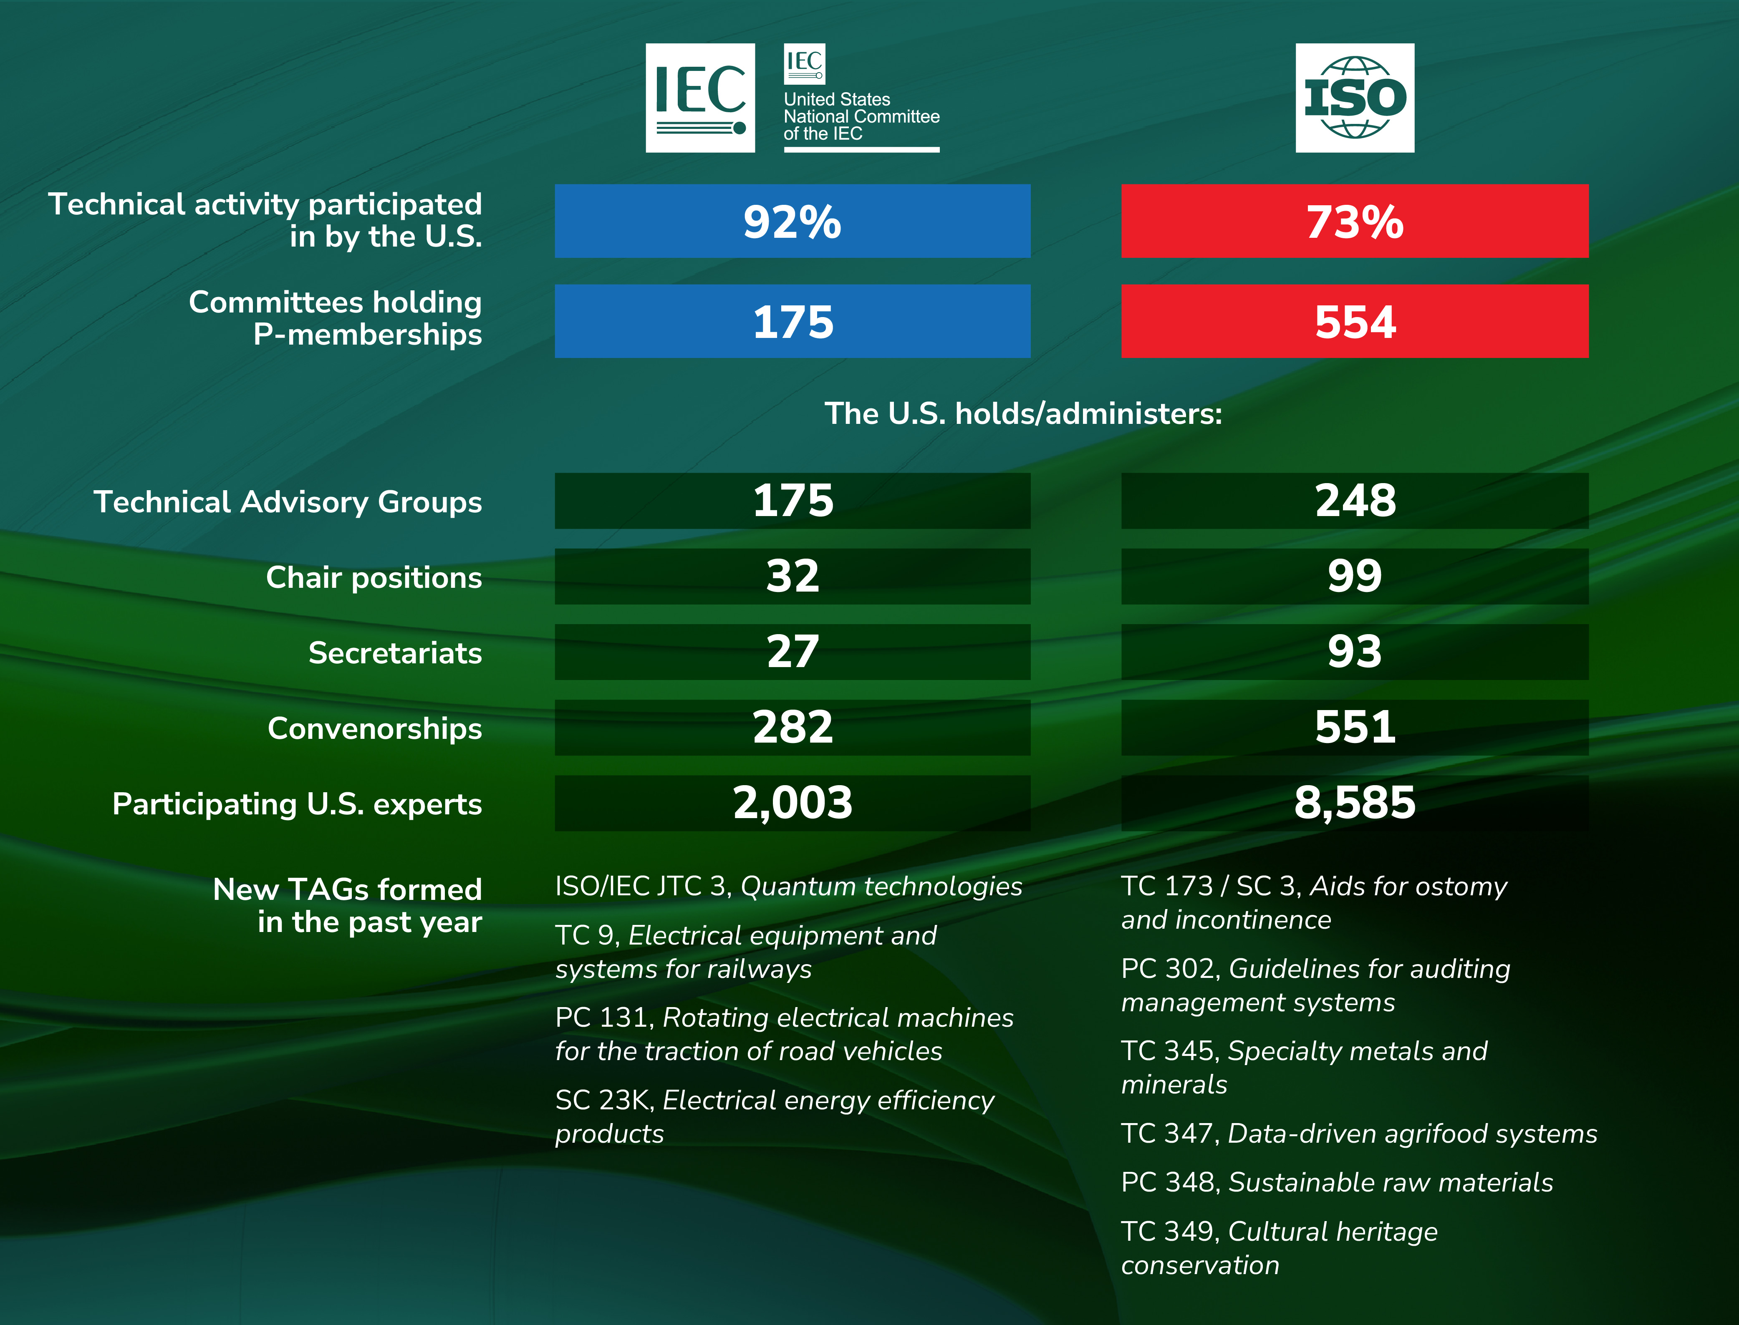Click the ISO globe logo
1355,98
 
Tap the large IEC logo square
700,98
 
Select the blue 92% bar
792,221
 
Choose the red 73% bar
1355,221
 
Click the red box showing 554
1355,321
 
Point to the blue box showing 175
792,321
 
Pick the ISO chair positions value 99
1355,577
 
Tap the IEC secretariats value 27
792,652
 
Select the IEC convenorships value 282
792,727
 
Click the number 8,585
1355,803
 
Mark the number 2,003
792,803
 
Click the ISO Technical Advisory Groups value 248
1355,501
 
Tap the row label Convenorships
375,728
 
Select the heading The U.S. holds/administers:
1023,413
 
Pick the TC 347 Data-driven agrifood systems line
1359,1134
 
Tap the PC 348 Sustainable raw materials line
1337,1182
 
